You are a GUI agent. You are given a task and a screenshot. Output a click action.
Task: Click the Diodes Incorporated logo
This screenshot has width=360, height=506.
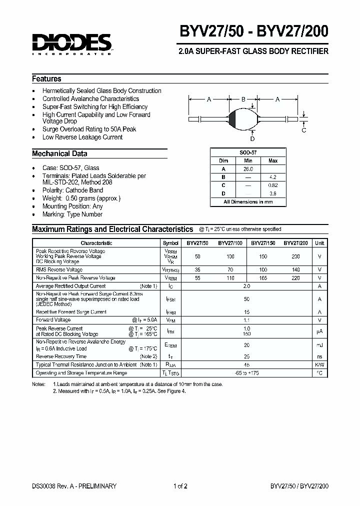click(x=72, y=43)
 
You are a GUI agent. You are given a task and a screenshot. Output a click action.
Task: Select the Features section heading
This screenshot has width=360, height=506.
click(x=46, y=79)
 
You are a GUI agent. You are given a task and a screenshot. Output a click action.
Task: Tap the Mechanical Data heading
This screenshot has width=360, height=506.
click(x=59, y=154)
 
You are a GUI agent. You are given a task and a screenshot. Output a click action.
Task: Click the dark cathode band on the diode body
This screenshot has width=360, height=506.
click(x=232, y=119)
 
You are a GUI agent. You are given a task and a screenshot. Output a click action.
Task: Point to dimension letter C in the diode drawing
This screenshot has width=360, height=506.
click(x=303, y=130)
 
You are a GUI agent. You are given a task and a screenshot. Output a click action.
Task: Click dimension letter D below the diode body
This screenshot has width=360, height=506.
click(x=252, y=138)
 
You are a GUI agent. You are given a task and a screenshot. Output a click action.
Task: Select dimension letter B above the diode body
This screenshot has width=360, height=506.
click(x=243, y=99)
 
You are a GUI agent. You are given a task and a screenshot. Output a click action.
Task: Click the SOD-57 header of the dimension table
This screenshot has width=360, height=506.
click(x=248, y=152)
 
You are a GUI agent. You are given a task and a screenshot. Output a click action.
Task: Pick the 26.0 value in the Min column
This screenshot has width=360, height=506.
click(x=248, y=169)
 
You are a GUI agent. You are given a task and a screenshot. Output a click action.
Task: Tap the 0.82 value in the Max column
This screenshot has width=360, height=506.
click(x=273, y=185)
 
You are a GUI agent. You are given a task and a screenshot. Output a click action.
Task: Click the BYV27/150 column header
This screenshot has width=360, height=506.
click(x=263, y=243)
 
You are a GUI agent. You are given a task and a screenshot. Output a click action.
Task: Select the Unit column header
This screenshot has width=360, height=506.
click(x=319, y=243)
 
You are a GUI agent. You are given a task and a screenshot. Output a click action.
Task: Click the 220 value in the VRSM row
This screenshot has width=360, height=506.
click(x=295, y=278)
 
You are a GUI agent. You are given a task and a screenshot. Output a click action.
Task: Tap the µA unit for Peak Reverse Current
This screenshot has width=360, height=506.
click(x=319, y=331)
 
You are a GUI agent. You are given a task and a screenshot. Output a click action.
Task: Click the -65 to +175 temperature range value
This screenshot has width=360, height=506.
click(x=246, y=373)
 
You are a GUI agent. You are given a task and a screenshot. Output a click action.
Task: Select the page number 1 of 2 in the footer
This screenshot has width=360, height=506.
click(x=180, y=486)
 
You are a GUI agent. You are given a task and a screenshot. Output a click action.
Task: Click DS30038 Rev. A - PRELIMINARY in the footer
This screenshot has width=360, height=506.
click(x=74, y=486)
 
